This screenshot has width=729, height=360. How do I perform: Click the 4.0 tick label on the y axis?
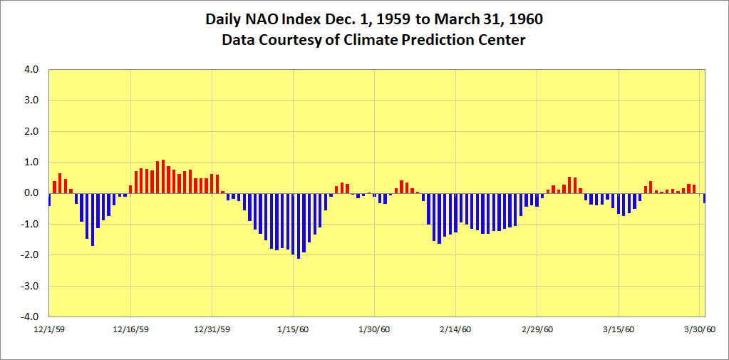pos(31,70)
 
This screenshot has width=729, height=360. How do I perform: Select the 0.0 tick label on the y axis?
pos(31,193)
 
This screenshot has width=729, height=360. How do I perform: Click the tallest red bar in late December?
pos(163,176)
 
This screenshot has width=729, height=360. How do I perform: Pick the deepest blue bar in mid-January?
pos(299,225)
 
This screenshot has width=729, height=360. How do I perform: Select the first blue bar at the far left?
pos(49,199)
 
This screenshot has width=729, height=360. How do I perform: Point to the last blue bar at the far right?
pos(704,198)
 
